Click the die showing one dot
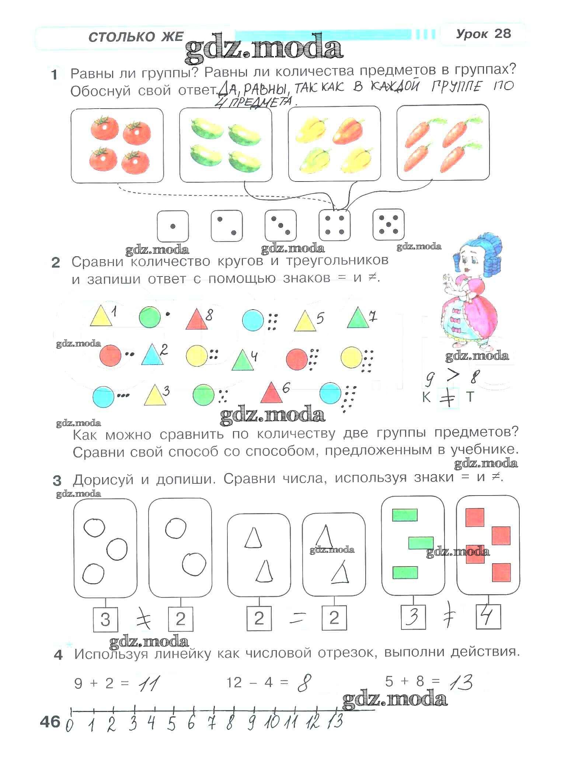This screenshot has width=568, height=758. tap(173, 226)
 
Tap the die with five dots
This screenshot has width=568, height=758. tap(388, 225)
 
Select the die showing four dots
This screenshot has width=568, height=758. tap(334, 225)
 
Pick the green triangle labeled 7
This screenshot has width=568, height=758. tap(358, 317)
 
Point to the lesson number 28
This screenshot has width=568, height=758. tap(502, 34)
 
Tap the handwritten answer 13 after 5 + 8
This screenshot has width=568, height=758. tap(461, 683)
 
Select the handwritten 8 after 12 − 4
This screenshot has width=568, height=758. tap(304, 683)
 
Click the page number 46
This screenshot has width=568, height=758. tap(50, 722)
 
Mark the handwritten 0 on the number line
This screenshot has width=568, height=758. tap(69, 726)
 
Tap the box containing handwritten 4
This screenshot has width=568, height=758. tap(488, 616)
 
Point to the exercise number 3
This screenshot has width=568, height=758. tap(57, 481)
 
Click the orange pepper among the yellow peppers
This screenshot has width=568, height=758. tap(348, 131)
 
